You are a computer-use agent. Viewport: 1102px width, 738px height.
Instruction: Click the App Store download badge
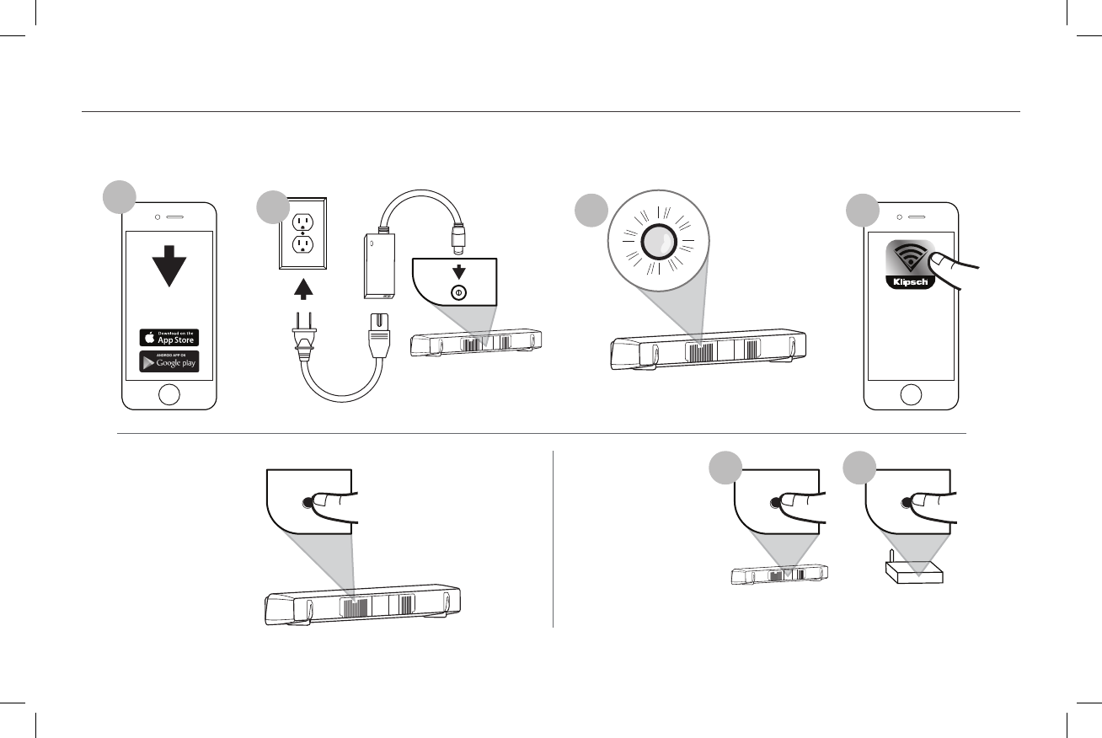pos(169,338)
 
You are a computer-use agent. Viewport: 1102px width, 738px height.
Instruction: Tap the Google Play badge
pos(169,361)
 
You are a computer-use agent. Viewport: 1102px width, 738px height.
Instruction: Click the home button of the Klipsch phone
pos(911,393)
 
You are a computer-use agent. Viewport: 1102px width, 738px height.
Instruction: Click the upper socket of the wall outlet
pos(302,222)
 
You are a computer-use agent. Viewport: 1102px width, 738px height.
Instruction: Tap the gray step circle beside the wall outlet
pos(274,206)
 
